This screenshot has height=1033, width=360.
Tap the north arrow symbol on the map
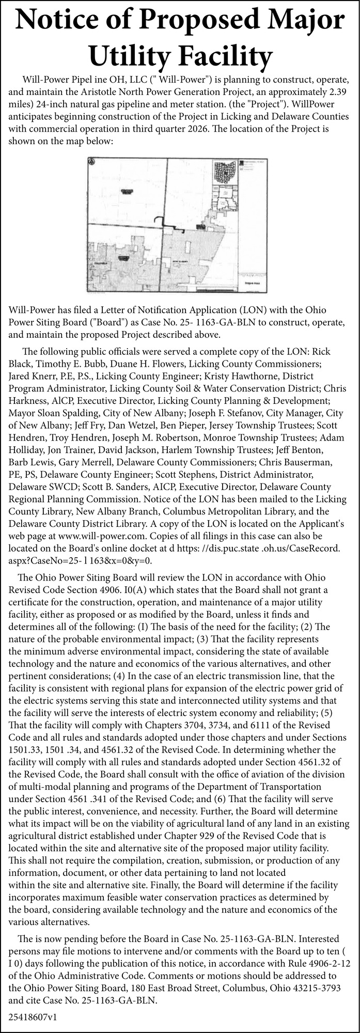[91, 161]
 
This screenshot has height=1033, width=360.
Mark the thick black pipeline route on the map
[172, 224]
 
